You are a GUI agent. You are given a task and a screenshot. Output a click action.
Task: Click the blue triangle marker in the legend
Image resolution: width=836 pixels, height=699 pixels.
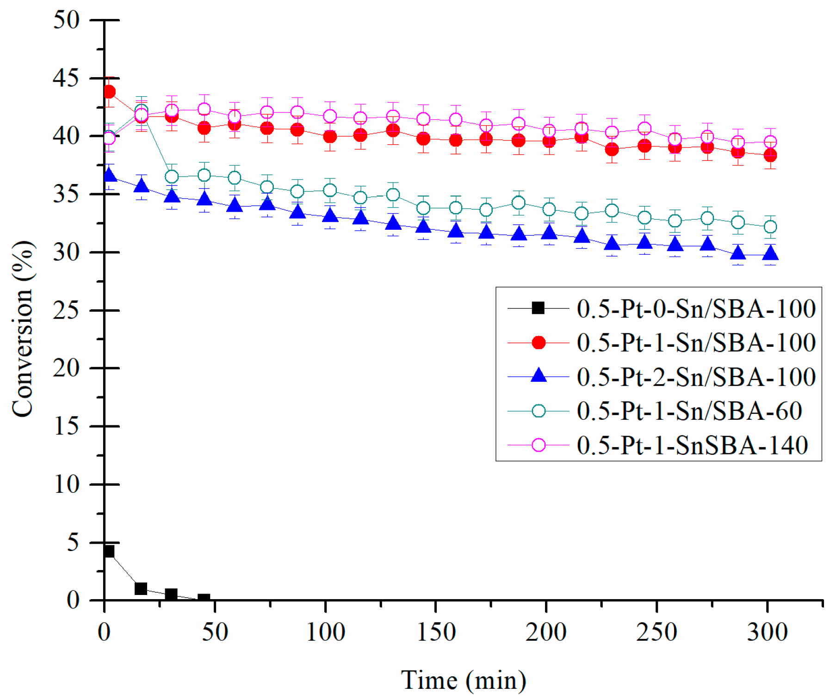tap(538, 375)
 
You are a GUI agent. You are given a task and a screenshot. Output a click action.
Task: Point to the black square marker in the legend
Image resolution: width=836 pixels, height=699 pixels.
tap(538, 308)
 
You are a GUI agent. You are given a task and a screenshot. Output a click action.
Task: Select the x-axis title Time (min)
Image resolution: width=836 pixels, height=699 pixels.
tap(463, 680)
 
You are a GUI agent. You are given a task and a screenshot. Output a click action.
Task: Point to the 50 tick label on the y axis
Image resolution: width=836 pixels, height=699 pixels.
tap(66, 20)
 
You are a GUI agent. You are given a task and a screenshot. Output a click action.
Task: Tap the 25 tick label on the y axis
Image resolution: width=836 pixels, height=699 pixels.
tap(66, 310)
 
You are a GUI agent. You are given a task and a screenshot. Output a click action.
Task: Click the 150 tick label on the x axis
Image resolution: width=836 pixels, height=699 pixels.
tap(436, 632)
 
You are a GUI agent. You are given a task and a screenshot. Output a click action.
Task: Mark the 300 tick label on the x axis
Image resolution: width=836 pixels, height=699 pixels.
tap(768, 632)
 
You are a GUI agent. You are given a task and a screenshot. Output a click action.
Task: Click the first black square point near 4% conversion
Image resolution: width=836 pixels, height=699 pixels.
tap(109, 552)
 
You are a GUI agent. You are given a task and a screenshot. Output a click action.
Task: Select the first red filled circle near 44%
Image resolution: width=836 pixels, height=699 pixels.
tap(109, 92)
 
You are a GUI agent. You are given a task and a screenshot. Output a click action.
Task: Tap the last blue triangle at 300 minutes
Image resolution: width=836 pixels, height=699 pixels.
tap(770, 254)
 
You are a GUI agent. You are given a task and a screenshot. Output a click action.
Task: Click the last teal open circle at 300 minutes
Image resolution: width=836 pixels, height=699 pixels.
tap(770, 227)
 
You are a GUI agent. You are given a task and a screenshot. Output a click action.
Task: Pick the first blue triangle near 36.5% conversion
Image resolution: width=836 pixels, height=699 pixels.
tap(109, 175)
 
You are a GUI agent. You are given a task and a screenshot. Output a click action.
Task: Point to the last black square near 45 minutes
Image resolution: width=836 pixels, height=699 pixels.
tap(204, 599)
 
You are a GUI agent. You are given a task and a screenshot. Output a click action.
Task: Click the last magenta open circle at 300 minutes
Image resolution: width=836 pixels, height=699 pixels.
tap(770, 142)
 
